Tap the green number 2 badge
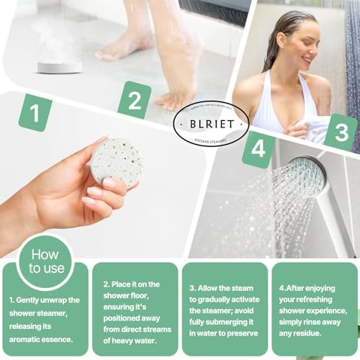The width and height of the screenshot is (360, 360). pos(134,100)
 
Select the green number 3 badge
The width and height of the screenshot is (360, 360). pos(341,132)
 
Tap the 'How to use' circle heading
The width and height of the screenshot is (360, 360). pos(45,261)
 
